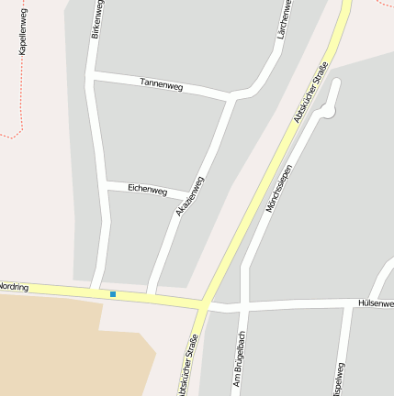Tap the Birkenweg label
(x=96, y=19)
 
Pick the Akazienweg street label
(x=189, y=196)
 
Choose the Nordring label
(x=15, y=288)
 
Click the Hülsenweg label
(x=375, y=302)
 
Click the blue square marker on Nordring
(x=112, y=293)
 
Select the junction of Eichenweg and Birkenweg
(x=105, y=186)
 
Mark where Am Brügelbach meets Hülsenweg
(x=242, y=305)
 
